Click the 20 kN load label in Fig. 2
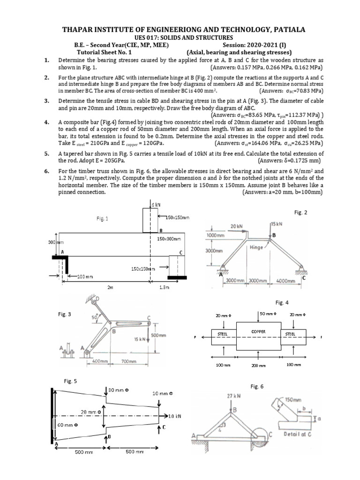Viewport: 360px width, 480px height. [236, 226]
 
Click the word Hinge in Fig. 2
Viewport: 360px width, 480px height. [257, 247]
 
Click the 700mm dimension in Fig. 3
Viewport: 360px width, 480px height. [128, 361]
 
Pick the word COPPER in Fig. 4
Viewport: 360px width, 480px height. [258, 331]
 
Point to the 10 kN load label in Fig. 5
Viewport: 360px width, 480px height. [174, 416]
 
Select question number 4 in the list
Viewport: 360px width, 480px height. [46, 122]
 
